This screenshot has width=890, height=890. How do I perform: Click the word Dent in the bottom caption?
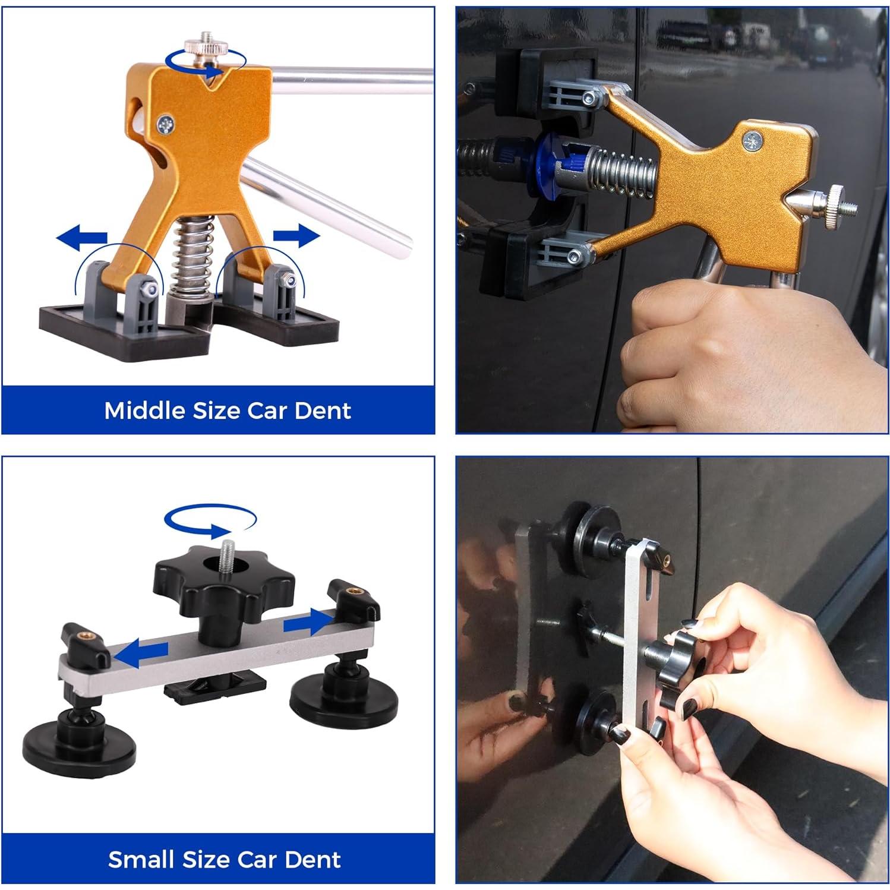pyautogui.click(x=313, y=859)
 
